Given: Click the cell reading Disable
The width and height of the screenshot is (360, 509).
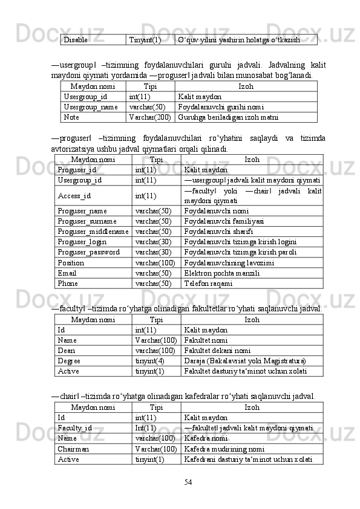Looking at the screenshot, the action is coord(76,40).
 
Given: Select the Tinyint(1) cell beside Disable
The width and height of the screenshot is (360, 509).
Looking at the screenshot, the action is coord(145,40).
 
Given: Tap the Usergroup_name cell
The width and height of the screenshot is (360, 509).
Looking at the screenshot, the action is coord(90,106).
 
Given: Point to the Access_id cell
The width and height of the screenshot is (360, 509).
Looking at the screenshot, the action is coord(75,196).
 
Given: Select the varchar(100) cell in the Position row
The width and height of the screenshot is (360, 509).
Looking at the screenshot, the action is coord(155,263).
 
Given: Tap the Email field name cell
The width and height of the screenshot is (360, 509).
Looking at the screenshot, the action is coord(67,273).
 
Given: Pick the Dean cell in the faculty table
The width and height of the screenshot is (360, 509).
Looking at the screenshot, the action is coord(67,351).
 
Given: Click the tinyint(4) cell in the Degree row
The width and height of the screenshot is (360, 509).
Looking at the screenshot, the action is coord(149,361).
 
